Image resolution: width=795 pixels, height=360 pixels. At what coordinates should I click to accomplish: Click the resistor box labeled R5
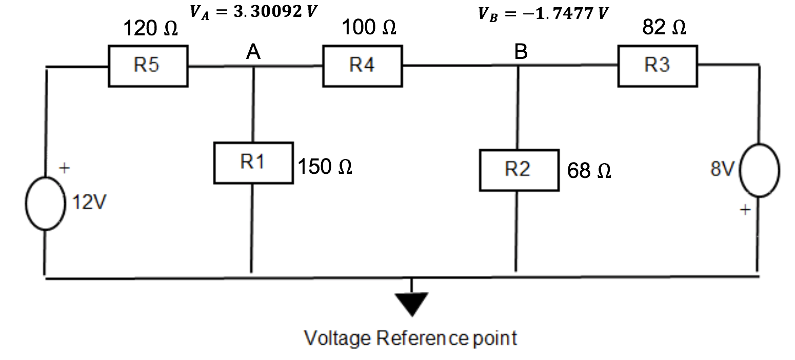coord(148,66)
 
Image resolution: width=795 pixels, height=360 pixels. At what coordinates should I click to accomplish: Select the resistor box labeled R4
coord(362,66)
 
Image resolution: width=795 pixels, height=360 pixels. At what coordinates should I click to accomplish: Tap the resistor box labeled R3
coord(658,65)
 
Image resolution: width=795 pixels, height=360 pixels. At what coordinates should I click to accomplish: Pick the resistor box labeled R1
coord(253,163)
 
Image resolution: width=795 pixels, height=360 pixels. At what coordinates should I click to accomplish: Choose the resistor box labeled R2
coord(519,170)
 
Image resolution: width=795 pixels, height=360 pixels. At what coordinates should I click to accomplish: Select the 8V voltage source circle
coord(760,170)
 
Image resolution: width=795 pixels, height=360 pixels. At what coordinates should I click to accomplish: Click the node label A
coord(253,52)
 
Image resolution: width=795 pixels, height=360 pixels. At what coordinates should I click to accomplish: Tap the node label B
coord(521,52)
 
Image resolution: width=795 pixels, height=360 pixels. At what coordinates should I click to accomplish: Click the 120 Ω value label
coord(151,29)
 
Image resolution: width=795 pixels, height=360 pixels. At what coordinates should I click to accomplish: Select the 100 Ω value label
coord(369,27)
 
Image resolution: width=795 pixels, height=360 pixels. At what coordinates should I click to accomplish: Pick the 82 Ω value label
coord(664,28)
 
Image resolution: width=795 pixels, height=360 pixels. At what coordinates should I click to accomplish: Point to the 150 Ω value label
coord(325,167)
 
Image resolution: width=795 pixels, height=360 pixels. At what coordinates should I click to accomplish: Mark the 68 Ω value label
coord(589,171)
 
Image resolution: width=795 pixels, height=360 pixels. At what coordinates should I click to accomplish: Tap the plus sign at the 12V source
coord(64,168)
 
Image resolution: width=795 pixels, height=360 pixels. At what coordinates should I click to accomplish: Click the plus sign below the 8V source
coord(745,210)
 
